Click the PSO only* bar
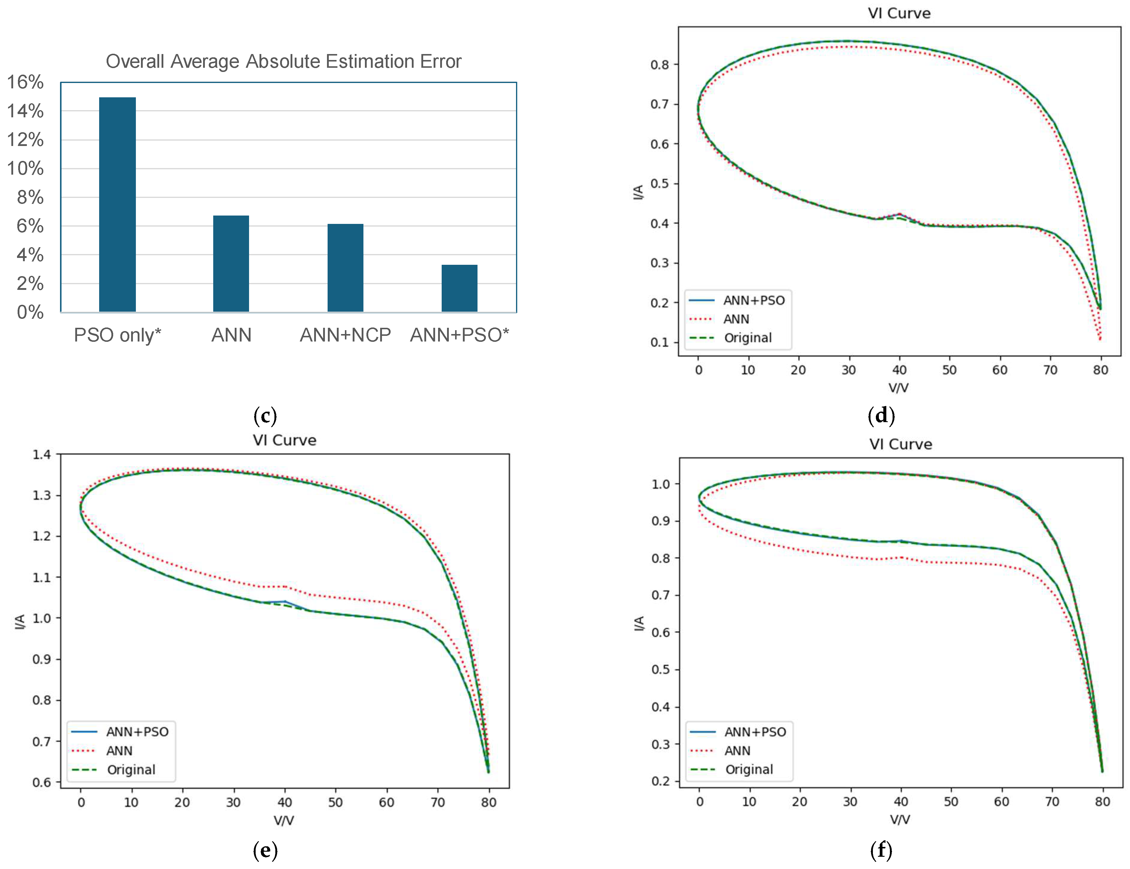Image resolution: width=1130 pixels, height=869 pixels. [x=117, y=204]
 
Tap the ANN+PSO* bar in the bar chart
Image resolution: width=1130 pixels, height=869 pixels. [x=459, y=288]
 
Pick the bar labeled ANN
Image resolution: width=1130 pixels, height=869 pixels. [x=231, y=263]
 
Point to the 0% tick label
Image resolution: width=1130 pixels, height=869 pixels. [x=30, y=312]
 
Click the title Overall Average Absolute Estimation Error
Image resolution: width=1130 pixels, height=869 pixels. [x=283, y=61]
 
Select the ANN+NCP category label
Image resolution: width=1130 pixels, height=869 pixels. [x=345, y=335]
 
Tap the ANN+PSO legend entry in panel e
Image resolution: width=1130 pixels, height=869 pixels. [x=137, y=731]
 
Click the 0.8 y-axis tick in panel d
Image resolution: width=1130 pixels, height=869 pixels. [x=660, y=65]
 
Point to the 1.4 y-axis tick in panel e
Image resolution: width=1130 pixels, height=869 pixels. [x=42, y=455]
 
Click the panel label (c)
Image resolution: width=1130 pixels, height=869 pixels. [x=265, y=415]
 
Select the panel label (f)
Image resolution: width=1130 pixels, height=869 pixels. [x=881, y=850]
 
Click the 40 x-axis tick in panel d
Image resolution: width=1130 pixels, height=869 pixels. [x=899, y=370]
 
